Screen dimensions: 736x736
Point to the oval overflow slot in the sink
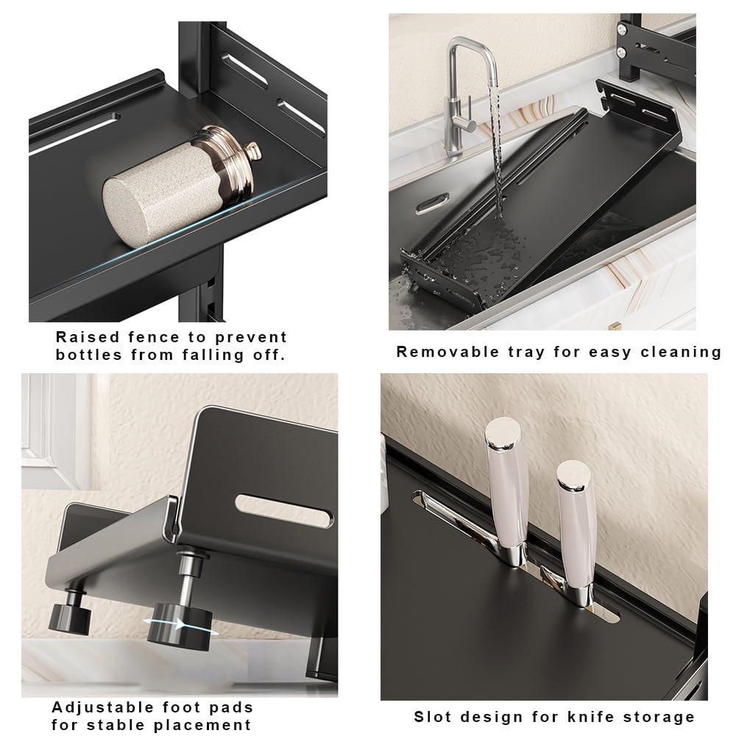(433, 202)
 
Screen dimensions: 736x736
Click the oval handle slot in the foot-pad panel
(284, 509)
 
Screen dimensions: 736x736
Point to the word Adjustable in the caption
(102, 707)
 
